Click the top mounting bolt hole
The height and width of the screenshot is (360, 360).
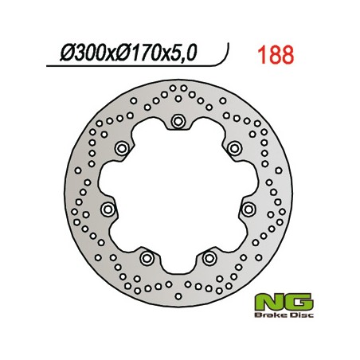[177, 121]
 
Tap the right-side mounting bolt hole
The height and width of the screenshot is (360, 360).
[248, 209]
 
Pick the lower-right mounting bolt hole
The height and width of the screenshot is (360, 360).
[209, 257]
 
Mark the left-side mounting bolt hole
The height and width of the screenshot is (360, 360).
[108, 209]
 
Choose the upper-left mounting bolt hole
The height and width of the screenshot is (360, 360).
[121, 148]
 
